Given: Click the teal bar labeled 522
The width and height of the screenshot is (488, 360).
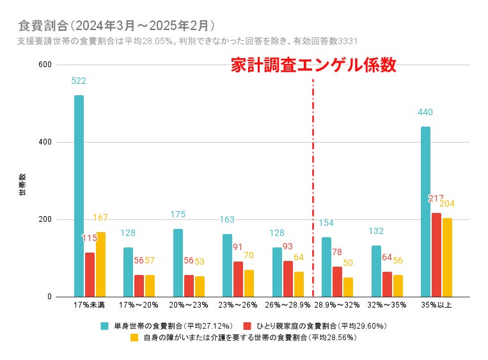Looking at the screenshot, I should pyautogui.click(x=79, y=196).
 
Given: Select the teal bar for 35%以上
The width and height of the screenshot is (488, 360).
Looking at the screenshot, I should pyautogui.click(x=425, y=212).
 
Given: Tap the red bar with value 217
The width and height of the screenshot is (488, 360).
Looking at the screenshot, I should pyautogui.click(x=436, y=254).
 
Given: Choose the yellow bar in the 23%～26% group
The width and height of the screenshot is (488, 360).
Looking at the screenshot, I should pyautogui.click(x=249, y=283).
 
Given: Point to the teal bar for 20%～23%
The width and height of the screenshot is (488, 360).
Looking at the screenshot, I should pyautogui.click(x=178, y=263).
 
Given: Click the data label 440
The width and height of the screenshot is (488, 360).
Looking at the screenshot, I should pyautogui.click(x=425, y=113).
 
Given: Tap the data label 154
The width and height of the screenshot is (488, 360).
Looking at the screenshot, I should pyautogui.click(x=327, y=223).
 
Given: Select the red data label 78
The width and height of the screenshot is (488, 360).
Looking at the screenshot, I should pyautogui.click(x=337, y=252).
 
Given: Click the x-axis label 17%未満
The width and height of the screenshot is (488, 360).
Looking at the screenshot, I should pyautogui.click(x=90, y=305).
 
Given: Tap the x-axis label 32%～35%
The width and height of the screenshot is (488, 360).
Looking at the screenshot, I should pyautogui.click(x=386, y=305).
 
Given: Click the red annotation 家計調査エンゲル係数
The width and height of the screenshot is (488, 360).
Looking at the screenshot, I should pyautogui.click(x=313, y=65).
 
